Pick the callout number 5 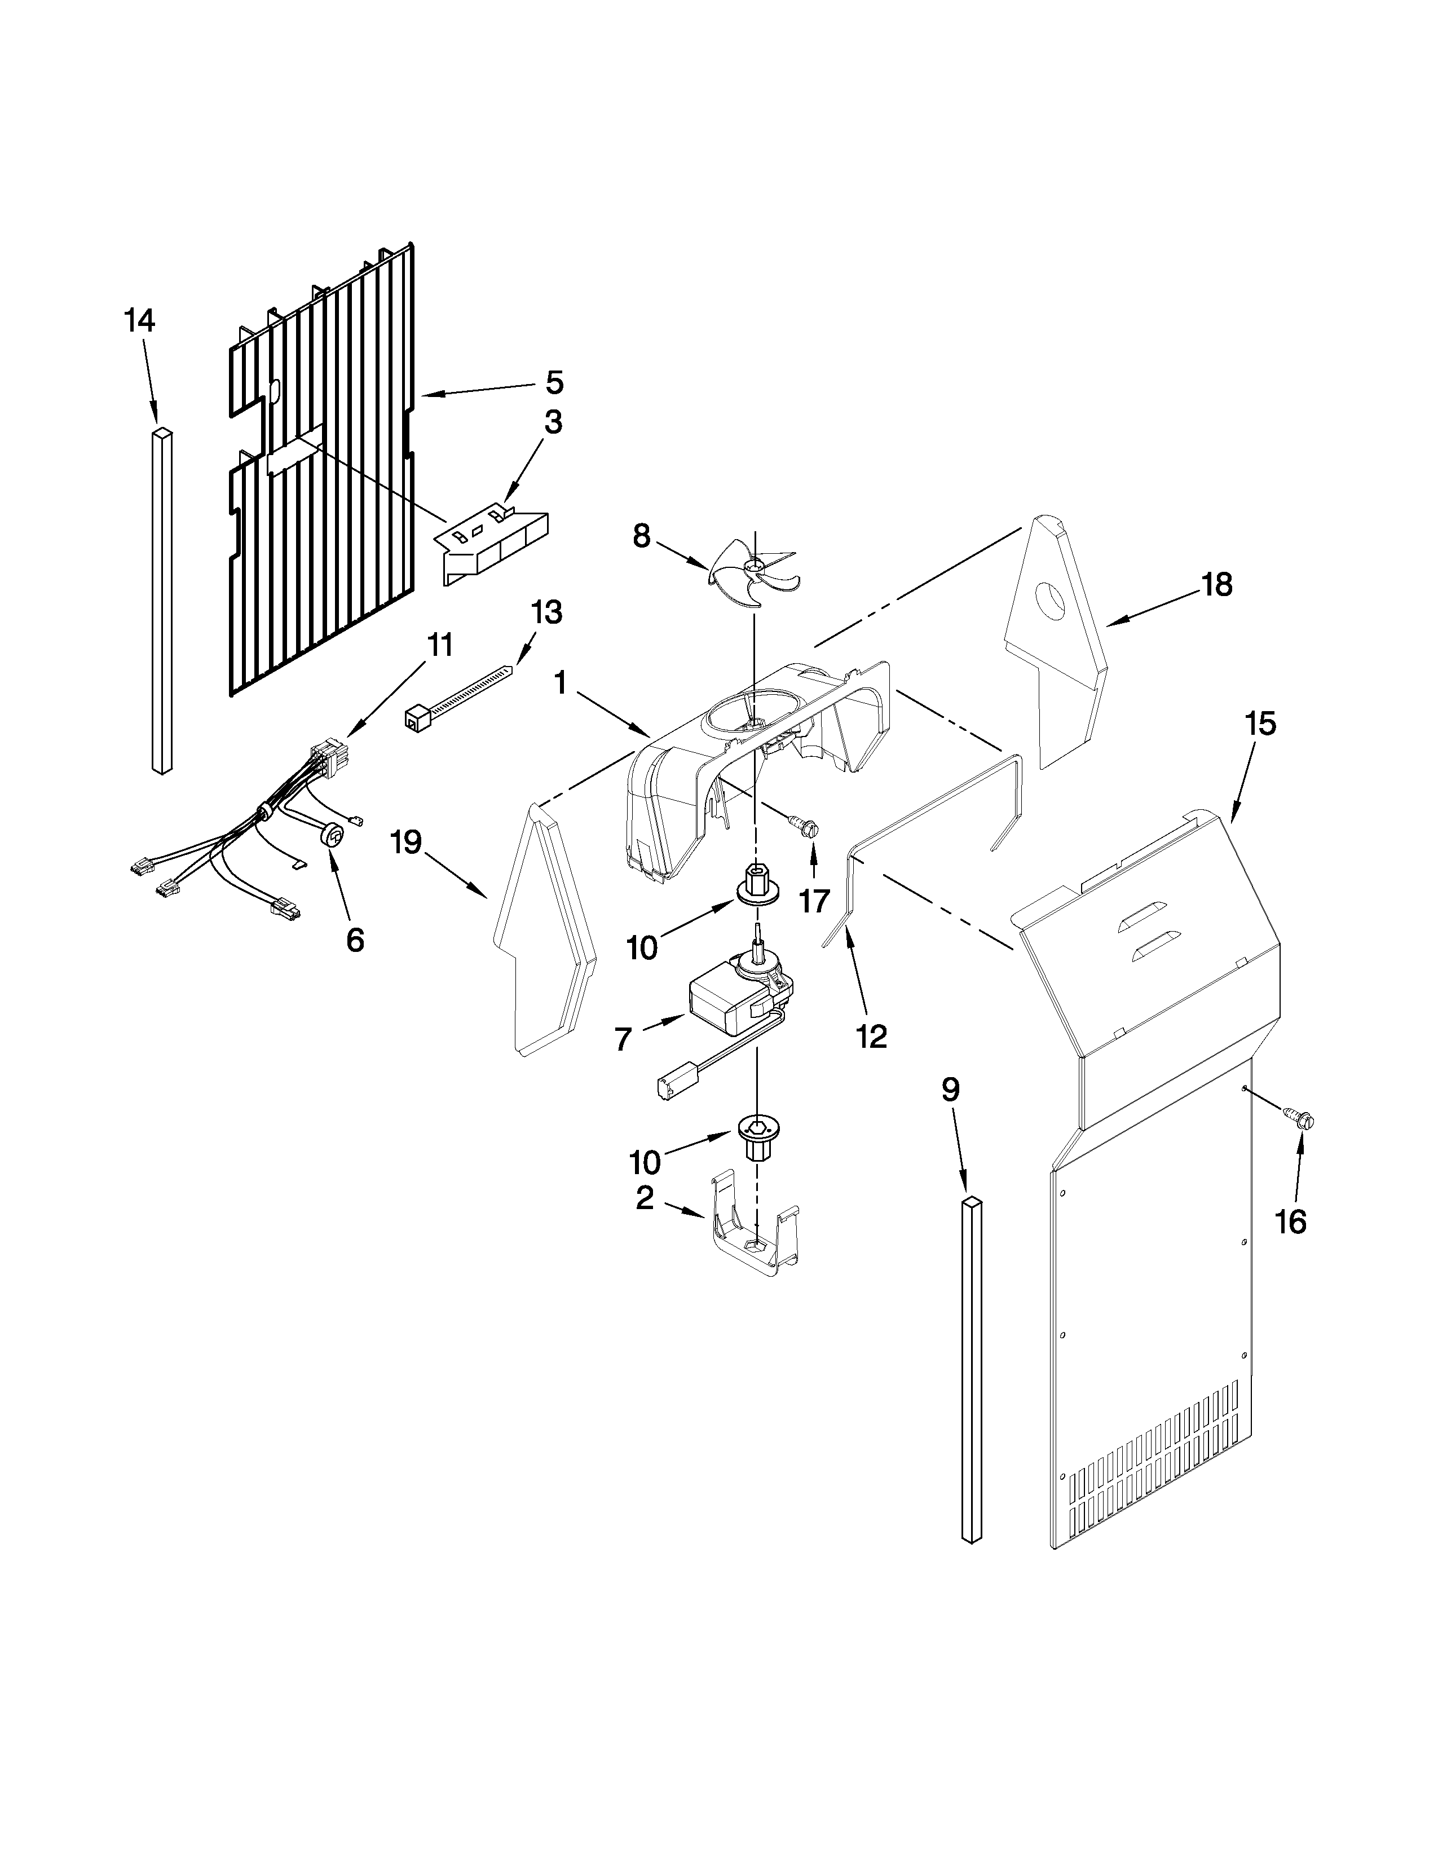click(554, 382)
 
